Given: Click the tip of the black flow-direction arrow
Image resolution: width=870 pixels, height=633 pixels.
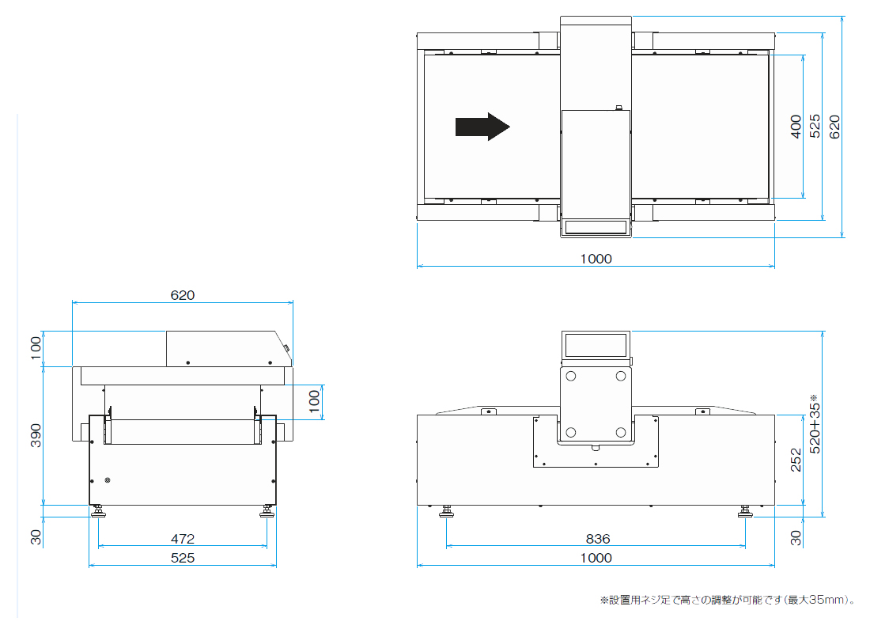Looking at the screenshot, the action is tap(509, 127).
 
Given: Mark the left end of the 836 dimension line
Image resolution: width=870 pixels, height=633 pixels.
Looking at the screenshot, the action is tap(447, 546).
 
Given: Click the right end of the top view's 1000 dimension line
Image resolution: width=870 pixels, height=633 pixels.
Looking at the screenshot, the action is tap(774, 266).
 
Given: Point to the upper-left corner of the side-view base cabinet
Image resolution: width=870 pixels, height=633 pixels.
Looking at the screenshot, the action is tap(418, 415).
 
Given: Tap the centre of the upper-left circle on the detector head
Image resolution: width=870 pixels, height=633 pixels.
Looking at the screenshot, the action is tap(571, 376).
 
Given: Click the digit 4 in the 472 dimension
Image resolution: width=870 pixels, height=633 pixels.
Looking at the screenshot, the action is tap(175, 539).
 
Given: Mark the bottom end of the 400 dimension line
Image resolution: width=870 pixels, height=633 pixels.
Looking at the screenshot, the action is tap(803, 198).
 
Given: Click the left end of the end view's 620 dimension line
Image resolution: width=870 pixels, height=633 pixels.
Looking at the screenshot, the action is tap(72, 302).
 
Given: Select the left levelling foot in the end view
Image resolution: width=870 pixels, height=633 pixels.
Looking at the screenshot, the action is tap(98, 511).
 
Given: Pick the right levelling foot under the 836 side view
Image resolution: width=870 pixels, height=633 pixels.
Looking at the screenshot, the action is tap(745, 511).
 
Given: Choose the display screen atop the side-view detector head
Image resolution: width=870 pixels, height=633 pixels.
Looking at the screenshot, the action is tap(596, 345).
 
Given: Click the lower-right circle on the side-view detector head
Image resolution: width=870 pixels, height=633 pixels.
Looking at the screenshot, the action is tap(621, 432).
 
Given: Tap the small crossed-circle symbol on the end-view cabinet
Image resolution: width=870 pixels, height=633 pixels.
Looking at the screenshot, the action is tap(108, 479).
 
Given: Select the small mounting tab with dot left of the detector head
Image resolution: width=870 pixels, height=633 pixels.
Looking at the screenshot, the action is tap(488, 411).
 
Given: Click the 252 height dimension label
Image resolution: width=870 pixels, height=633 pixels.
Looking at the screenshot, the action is tap(796, 461).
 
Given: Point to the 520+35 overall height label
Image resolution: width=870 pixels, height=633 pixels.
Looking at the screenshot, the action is tap(815, 424).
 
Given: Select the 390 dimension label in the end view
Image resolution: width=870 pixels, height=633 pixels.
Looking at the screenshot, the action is tap(36, 435).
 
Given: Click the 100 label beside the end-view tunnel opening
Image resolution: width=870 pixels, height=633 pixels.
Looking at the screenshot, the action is tap(314, 401).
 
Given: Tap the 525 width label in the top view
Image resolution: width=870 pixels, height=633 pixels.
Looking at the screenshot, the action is tap(815, 126).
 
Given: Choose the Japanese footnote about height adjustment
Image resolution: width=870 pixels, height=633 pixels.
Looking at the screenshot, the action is tap(728, 600).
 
